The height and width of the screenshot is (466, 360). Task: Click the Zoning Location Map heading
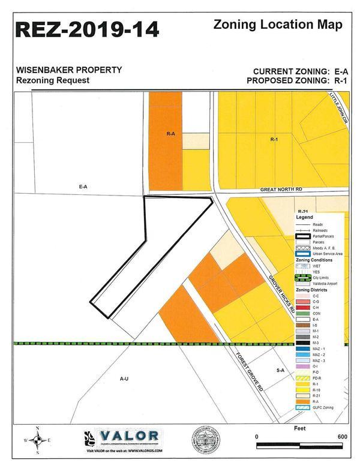[278, 25]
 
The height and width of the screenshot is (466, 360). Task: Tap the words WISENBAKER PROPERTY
[69, 70]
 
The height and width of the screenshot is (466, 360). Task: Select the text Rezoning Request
[53, 80]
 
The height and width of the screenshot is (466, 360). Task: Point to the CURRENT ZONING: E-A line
[301, 70]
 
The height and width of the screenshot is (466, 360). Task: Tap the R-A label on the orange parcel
[170, 134]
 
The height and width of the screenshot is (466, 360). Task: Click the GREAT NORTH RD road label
[281, 189]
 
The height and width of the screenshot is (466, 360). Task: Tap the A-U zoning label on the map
[124, 378]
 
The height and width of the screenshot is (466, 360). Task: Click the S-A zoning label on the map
[280, 371]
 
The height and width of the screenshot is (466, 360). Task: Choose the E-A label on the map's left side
[83, 187]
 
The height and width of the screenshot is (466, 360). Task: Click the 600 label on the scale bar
[343, 436]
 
